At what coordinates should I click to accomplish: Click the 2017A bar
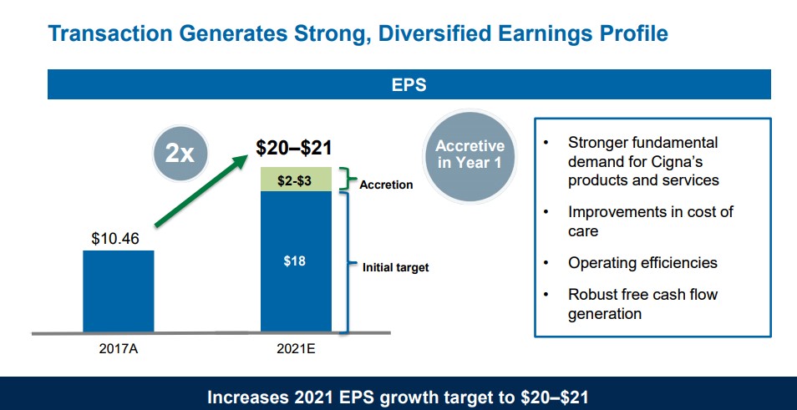[x=118, y=291]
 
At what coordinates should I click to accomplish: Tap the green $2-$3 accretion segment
[x=295, y=180]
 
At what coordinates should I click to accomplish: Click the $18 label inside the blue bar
[x=295, y=261]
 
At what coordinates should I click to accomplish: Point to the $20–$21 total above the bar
[x=293, y=149]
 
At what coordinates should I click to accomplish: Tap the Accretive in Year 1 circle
[x=470, y=154]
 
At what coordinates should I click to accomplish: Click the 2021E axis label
[x=295, y=348]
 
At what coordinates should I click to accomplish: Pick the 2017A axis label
[x=118, y=348]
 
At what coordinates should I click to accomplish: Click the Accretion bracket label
[x=386, y=185]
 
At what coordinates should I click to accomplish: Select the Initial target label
[x=395, y=268]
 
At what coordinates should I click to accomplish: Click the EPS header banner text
[x=409, y=85]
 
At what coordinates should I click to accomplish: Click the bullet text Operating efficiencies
[x=642, y=263]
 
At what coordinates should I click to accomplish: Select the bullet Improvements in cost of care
[x=650, y=220]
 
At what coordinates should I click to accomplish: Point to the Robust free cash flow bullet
[x=642, y=304]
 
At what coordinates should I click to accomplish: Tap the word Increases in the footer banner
[x=246, y=397]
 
